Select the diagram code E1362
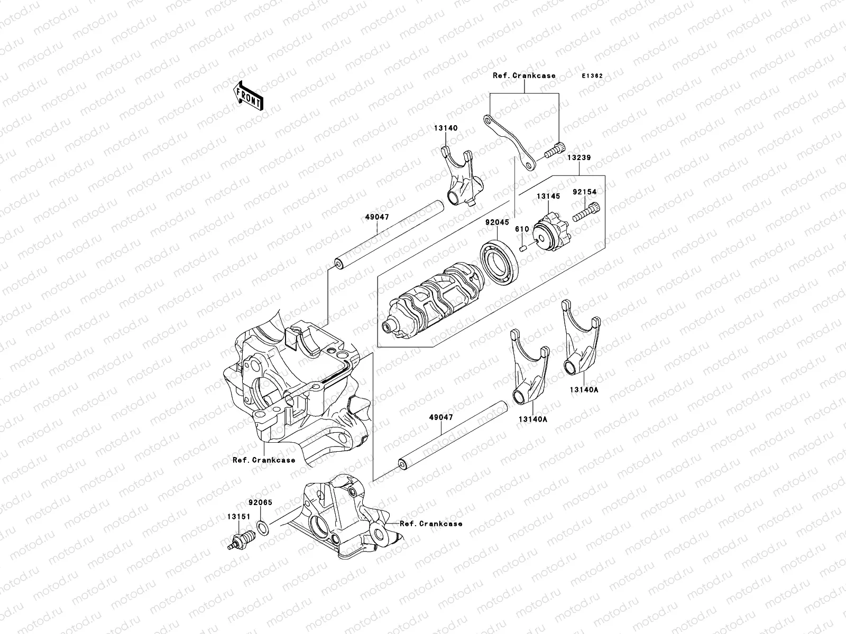[592, 76]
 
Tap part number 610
[522, 229]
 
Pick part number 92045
[498, 223]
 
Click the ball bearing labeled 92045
[500, 259]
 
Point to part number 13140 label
[446, 128]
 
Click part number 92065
[260, 502]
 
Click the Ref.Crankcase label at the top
[524, 76]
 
